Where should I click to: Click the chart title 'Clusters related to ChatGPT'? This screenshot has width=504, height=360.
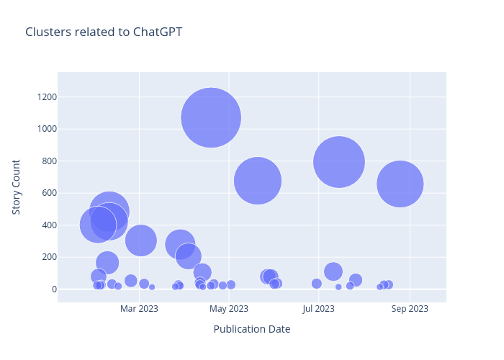tap(104, 32)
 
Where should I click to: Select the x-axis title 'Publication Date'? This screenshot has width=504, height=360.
tap(252, 329)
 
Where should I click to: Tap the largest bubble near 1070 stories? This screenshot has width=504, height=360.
tap(211, 117)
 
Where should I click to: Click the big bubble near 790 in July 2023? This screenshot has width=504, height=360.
tap(339, 162)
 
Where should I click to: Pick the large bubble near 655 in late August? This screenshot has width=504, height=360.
tap(400, 184)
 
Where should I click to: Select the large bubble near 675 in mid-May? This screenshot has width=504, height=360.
tap(257, 181)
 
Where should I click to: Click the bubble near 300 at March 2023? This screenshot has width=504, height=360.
tap(141, 240)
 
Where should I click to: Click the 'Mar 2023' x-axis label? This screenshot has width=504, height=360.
tap(139, 309)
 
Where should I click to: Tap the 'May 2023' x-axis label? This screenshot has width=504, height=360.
tap(229, 309)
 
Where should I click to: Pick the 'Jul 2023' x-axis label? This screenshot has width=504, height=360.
tap(319, 309)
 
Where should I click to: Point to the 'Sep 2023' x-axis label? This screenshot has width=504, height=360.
tap(410, 309)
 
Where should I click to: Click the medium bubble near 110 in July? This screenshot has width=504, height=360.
tap(333, 271)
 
